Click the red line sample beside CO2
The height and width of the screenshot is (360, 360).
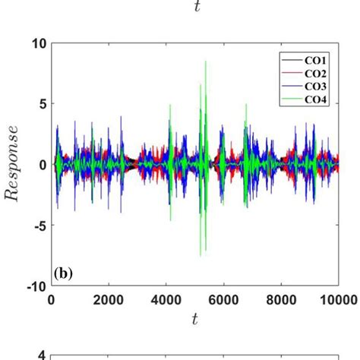(x=292, y=72)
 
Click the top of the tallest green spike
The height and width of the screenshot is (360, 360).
(x=206, y=62)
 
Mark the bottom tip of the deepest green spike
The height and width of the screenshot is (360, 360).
(x=201, y=256)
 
